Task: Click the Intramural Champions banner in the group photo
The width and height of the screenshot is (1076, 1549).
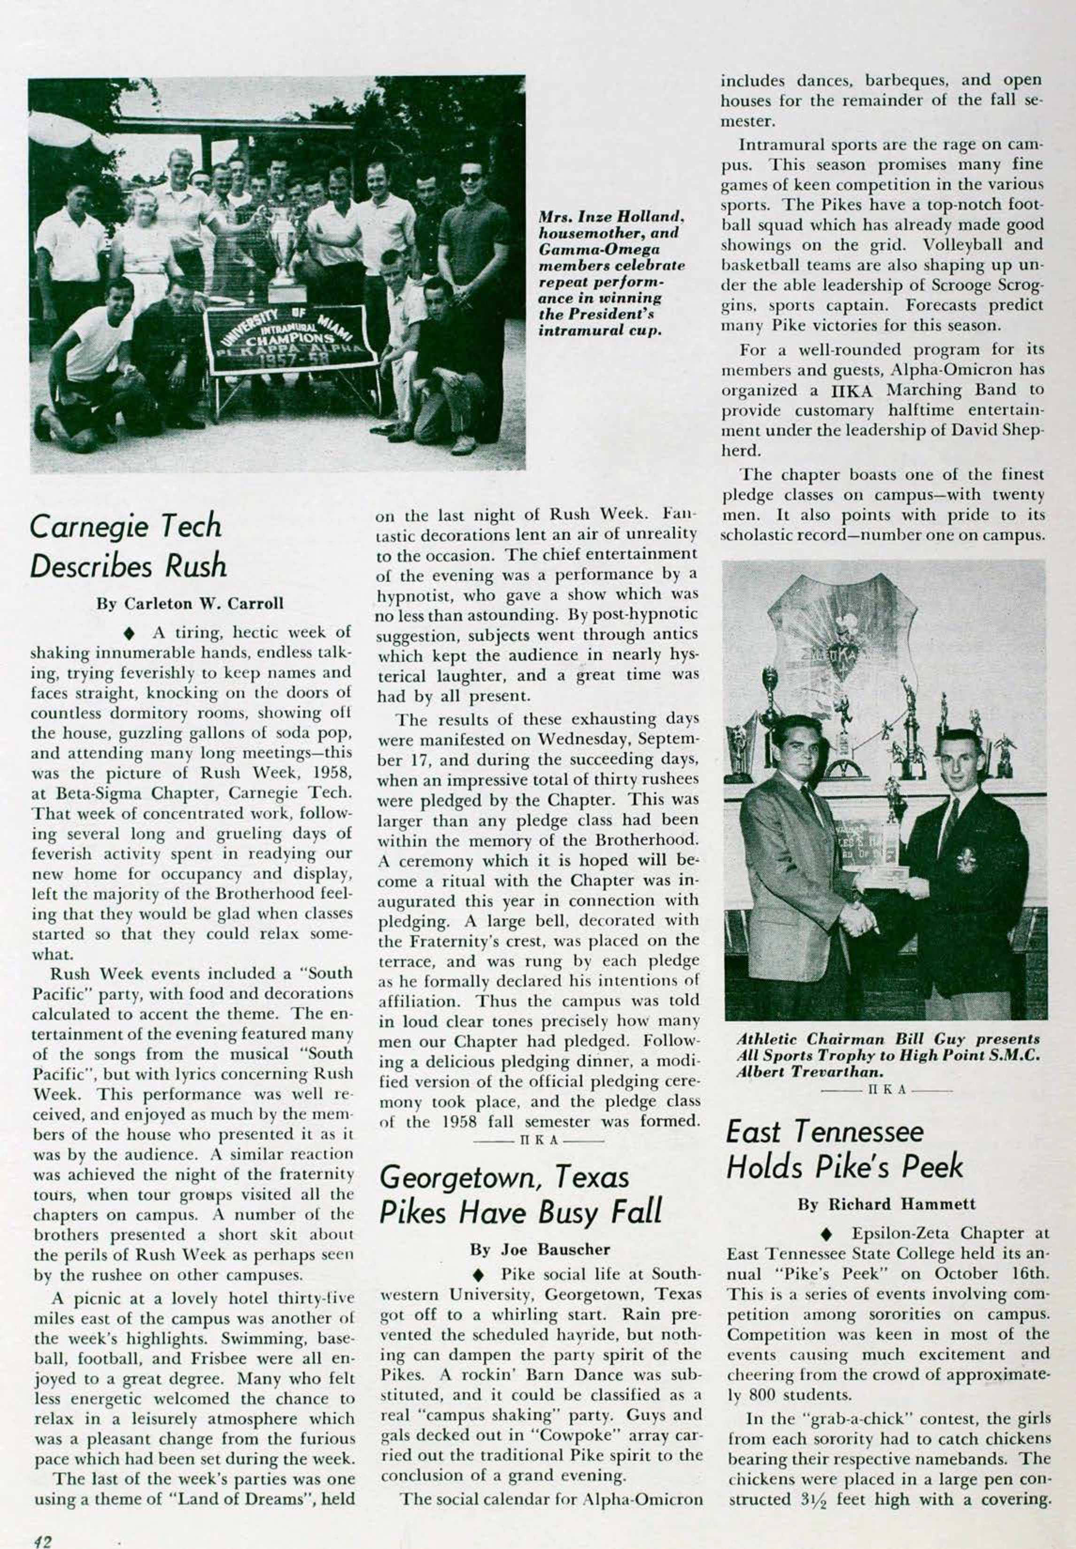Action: [x=290, y=340]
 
